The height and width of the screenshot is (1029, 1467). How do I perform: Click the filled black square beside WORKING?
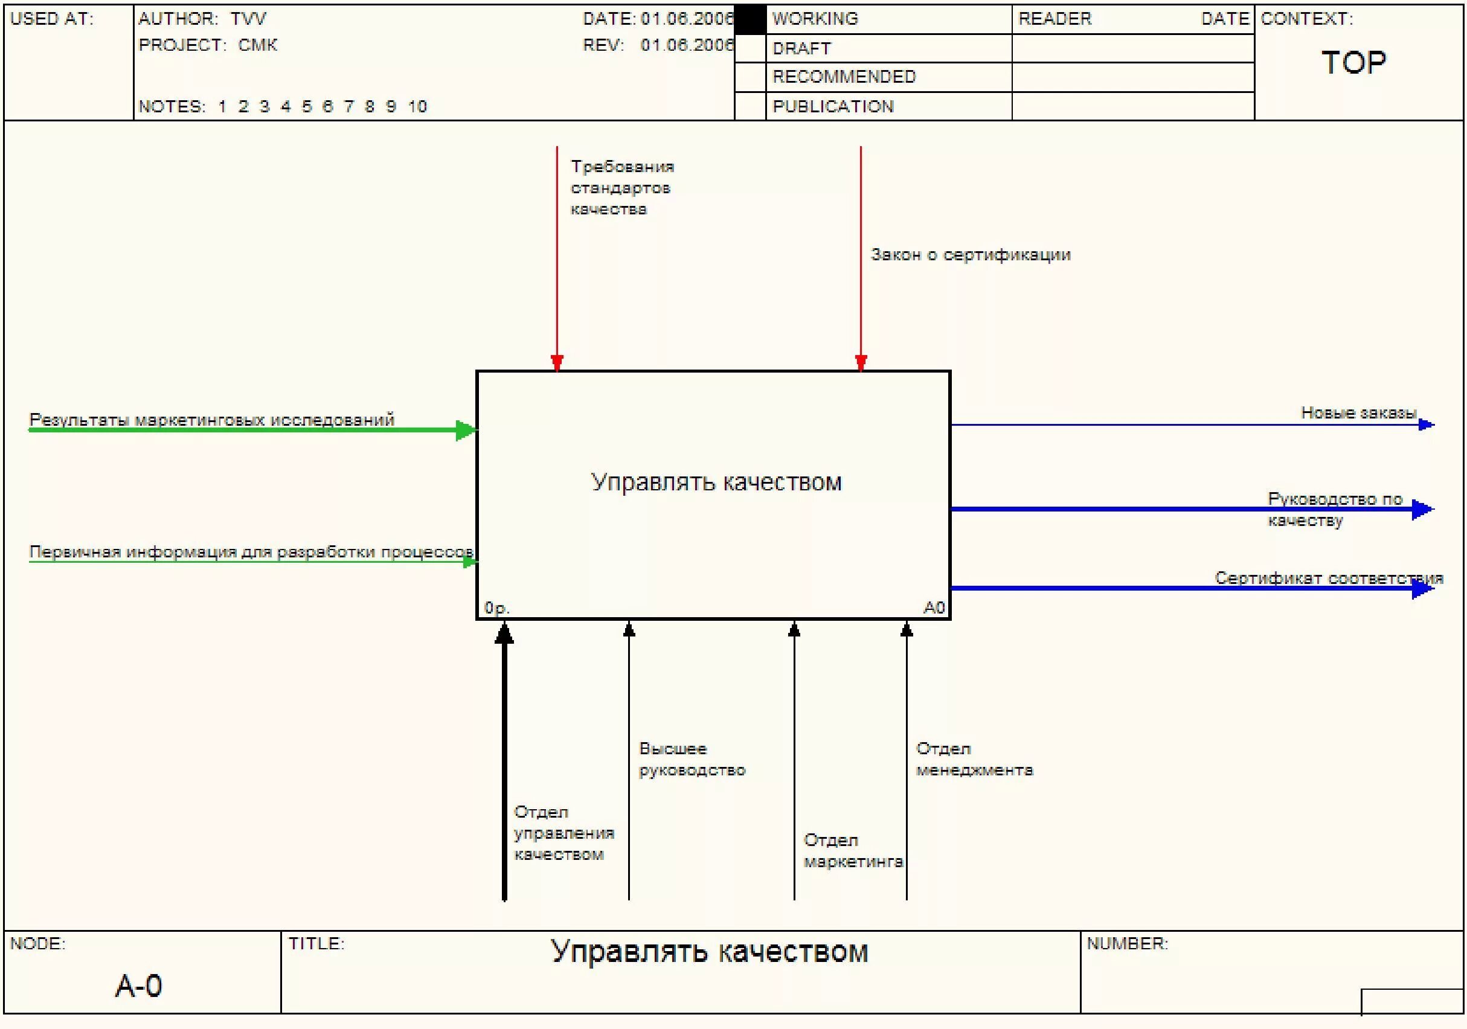click(x=750, y=19)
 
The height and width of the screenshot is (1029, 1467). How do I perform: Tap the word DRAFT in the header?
click(x=801, y=48)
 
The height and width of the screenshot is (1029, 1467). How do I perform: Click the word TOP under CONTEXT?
click(x=1353, y=63)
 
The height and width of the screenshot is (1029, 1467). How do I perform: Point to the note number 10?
click(x=417, y=106)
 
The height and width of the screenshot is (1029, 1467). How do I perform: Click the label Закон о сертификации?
click(x=970, y=255)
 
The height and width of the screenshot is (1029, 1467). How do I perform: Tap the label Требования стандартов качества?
click(x=621, y=188)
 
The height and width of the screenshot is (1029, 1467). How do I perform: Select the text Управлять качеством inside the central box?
click(x=716, y=482)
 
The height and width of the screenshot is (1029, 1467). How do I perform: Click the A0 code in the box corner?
click(x=934, y=607)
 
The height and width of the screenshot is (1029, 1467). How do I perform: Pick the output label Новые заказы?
click(x=1358, y=413)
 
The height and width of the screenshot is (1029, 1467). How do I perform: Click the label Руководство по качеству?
click(x=1334, y=509)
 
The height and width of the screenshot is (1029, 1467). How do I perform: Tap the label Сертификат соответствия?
click(x=1328, y=578)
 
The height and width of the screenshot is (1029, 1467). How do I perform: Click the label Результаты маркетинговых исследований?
click(x=211, y=420)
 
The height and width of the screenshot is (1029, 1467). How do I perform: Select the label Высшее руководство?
click(x=692, y=760)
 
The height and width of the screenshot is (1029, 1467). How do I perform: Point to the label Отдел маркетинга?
click(x=852, y=851)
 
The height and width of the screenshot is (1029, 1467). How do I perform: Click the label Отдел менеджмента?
click(x=974, y=760)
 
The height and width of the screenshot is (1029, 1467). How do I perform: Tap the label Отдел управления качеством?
click(x=563, y=833)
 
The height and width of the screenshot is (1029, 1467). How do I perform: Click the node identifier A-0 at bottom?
click(x=139, y=986)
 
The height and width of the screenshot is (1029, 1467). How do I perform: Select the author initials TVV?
click(x=248, y=19)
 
